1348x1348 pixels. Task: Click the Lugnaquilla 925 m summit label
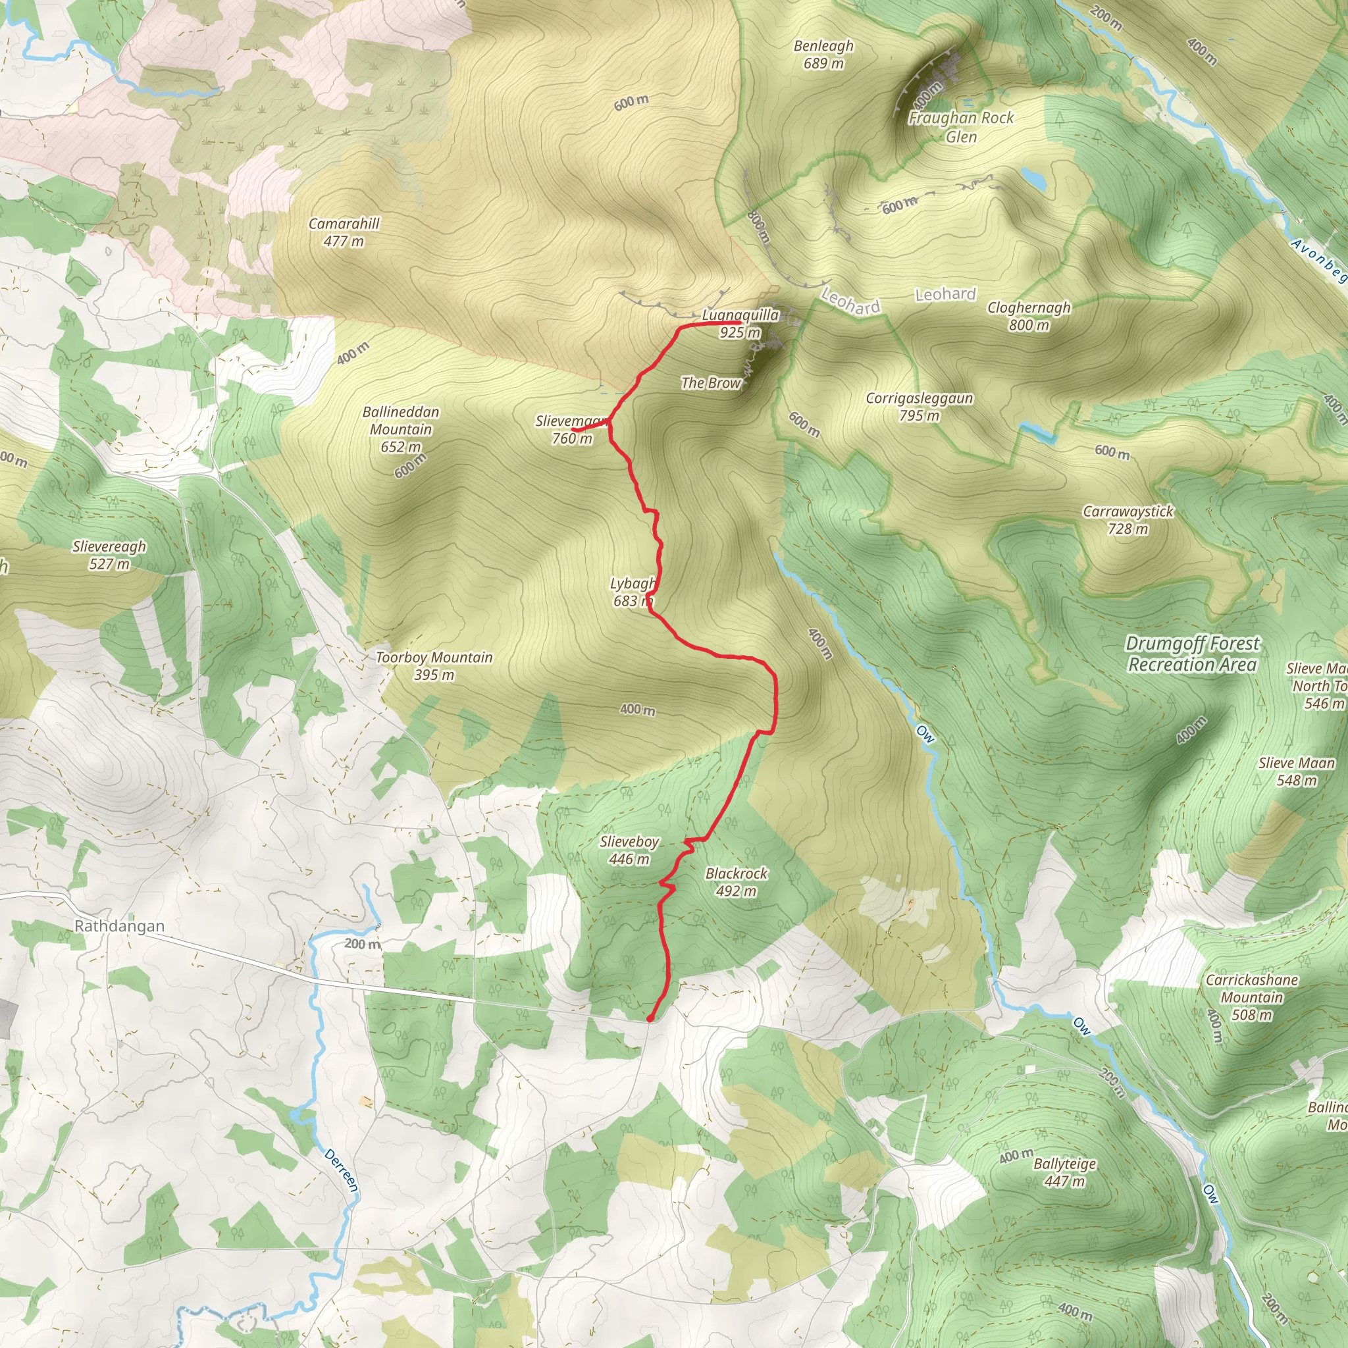(740, 324)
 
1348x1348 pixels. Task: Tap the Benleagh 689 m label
(823, 55)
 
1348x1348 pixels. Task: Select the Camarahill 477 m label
(344, 232)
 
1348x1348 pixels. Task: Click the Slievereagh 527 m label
(109, 555)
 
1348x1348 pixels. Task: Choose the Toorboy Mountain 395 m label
(434, 665)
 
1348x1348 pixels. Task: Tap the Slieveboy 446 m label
(629, 850)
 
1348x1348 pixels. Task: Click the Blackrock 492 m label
(736, 881)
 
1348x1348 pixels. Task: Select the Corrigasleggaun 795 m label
(919, 407)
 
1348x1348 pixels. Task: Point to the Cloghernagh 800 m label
(1029, 316)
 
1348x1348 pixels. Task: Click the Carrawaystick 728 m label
(1128, 520)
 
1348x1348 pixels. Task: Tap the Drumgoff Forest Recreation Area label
(1193, 654)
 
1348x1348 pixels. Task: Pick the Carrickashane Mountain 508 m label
(1252, 997)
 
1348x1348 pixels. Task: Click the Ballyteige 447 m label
(1064, 1172)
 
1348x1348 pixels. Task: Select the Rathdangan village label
(119, 926)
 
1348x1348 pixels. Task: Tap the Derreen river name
(341, 1170)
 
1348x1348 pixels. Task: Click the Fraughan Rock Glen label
(961, 127)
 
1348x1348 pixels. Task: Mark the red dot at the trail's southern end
(650, 1019)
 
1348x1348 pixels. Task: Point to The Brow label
(710, 382)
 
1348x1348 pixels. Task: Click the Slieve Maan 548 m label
(1297, 771)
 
